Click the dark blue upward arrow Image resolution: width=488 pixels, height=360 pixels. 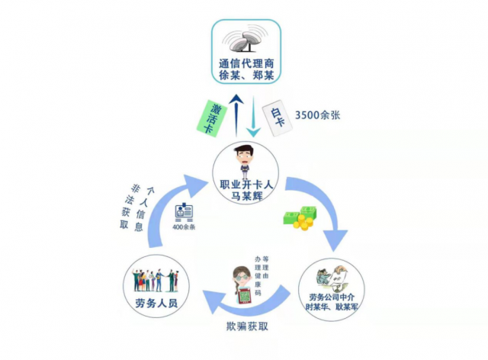(x=237, y=114)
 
